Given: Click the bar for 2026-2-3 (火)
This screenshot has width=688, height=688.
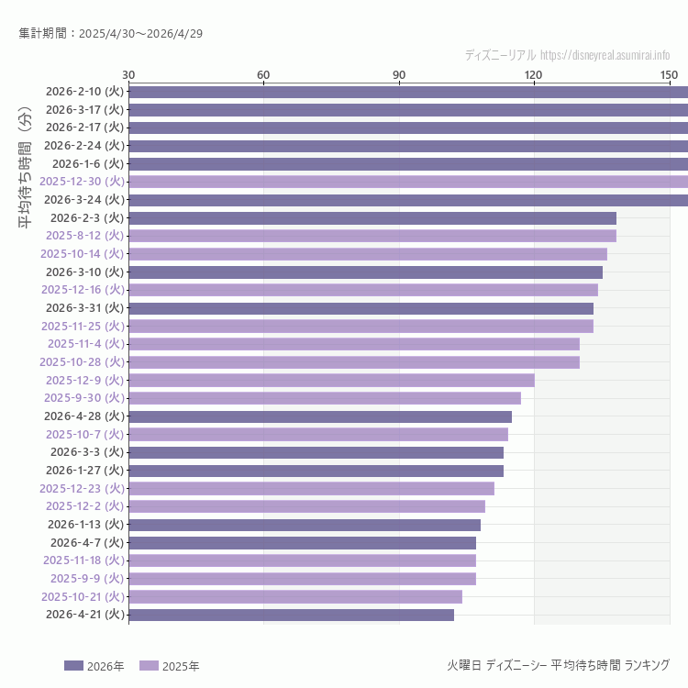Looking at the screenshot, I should tap(372, 218).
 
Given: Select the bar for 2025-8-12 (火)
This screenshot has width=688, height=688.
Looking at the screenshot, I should tap(372, 236).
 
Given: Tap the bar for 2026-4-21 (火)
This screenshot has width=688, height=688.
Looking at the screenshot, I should tap(291, 615).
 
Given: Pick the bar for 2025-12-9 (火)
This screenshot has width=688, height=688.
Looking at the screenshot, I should tap(331, 380).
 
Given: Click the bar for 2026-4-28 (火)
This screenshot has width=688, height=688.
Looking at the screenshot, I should tap(320, 416).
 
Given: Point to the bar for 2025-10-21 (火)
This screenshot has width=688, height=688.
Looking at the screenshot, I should tap(294, 596).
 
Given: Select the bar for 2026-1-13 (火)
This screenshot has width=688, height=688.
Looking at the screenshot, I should tap(304, 525).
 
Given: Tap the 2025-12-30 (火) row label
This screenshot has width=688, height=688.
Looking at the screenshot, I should tap(82, 182).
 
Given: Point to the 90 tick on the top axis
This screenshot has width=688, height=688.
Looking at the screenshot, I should tap(399, 74).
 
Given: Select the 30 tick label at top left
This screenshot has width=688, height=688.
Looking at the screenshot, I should tap(128, 74).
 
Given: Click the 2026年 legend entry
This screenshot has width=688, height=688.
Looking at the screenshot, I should tap(94, 666).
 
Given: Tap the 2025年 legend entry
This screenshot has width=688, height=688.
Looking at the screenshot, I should tap(170, 666).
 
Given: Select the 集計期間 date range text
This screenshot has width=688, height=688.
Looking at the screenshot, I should tap(111, 34).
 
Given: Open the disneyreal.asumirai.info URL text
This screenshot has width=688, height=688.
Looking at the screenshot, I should tap(605, 55).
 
